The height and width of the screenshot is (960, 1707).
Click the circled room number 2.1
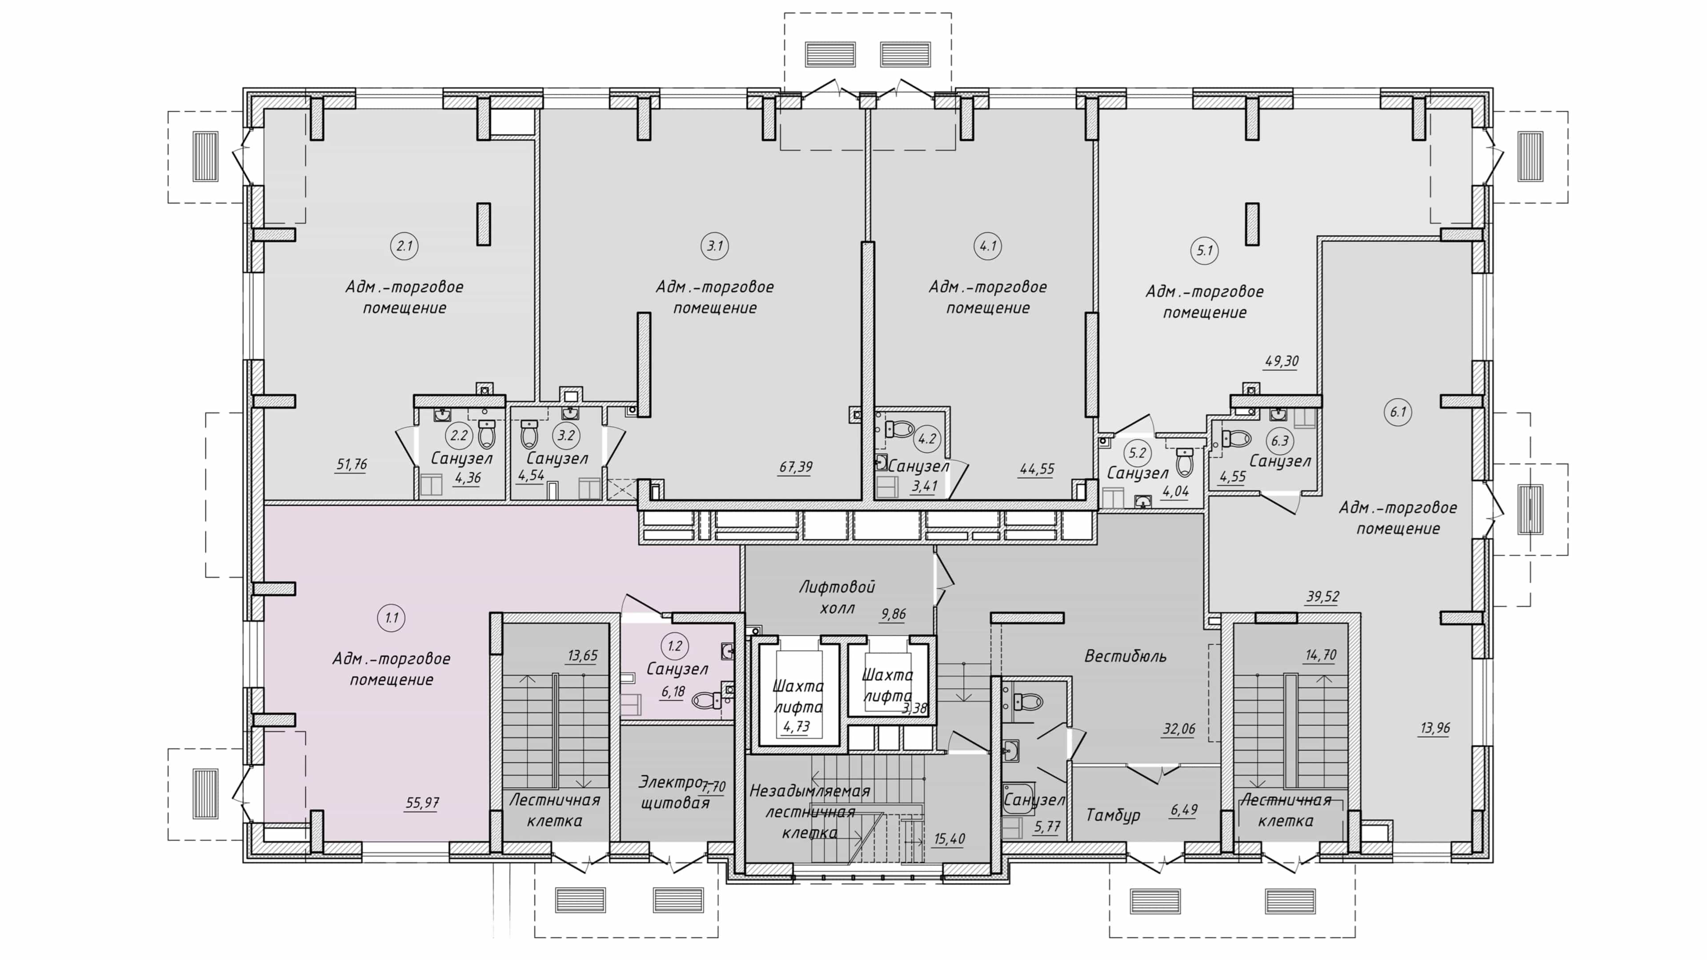click(404, 247)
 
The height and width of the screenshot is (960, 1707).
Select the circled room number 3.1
click(714, 247)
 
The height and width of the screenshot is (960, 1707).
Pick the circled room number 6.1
click(1398, 412)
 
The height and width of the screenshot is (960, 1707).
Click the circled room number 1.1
click(391, 618)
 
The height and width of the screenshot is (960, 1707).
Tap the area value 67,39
click(795, 467)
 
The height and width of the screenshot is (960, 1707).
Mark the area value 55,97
click(422, 803)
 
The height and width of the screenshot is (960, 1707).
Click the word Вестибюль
click(1125, 656)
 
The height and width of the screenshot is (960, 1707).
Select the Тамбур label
click(1113, 815)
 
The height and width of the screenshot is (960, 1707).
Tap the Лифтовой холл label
click(837, 597)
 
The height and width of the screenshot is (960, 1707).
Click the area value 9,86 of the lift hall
click(893, 614)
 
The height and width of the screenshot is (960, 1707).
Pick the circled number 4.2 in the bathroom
click(926, 439)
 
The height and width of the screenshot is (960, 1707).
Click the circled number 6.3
click(1280, 440)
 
